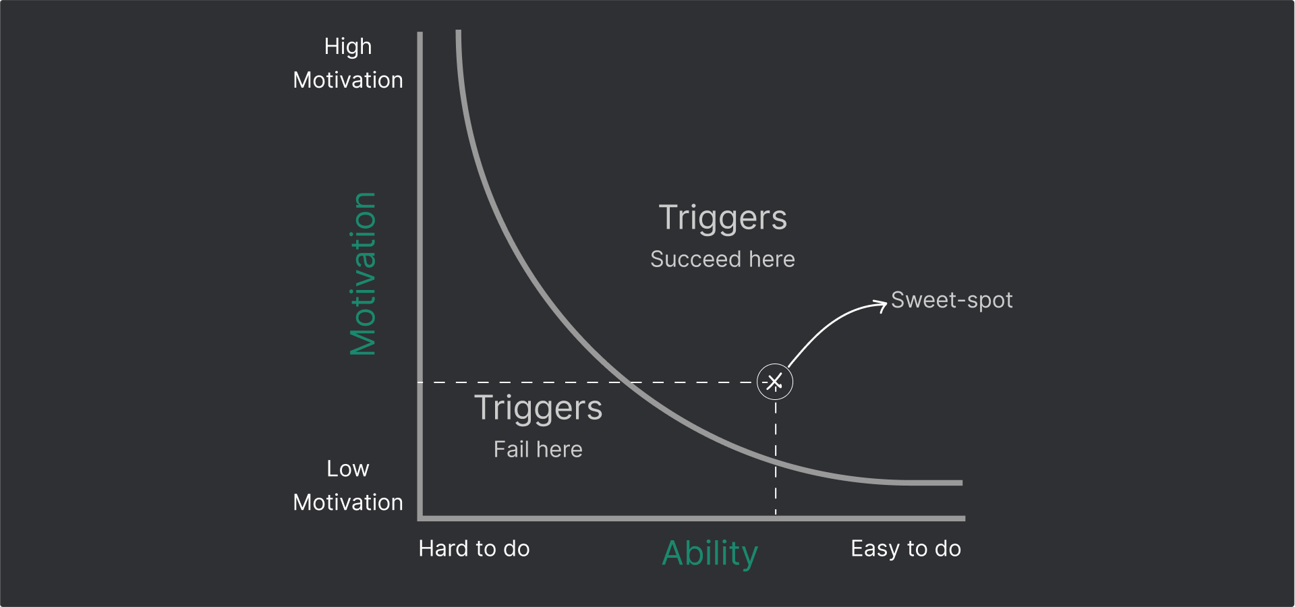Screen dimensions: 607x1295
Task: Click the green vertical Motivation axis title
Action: pos(363,274)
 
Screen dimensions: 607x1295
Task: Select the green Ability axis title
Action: pos(710,554)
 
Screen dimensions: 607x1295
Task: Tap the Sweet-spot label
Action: pos(952,300)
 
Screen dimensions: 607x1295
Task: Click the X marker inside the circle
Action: pos(775,382)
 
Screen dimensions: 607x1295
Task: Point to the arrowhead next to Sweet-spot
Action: pos(882,305)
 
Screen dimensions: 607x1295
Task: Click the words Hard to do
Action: pos(474,548)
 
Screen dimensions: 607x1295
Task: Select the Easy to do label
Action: pos(906,548)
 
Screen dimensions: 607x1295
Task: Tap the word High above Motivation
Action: pos(348,47)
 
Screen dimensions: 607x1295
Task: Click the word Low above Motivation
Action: pos(348,469)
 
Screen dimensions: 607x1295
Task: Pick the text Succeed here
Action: pos(722,259)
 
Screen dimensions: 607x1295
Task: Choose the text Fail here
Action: pos(538,449)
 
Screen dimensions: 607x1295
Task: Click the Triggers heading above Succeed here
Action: pos(723,218)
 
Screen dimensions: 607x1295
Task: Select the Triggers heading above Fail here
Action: pos(538,408)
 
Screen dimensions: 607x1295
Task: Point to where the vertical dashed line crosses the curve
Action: pos(776,461)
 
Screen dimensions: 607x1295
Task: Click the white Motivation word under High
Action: pos(348,80)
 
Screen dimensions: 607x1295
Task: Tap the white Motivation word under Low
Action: pos(348,502)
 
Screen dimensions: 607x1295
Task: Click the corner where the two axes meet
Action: pos(420,518)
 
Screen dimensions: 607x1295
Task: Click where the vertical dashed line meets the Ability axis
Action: pos(776,518)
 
